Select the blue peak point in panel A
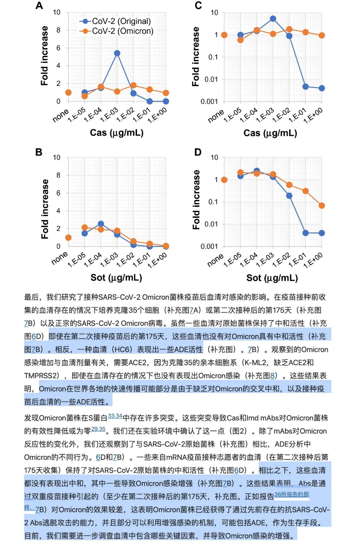click(x=117, y=53)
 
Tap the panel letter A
click(x=39, y=6)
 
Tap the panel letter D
click(x=198, y=152)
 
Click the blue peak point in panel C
click(x=273, y=19)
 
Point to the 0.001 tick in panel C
click(x=209, y=101)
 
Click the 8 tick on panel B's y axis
click(x=58, y=175)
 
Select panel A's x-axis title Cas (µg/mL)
click(x=117, y=133)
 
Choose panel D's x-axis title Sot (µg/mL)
click(x=272, y=278)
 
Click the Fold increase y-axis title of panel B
click(x=45, y=209)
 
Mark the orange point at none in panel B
click(x=68, y=237)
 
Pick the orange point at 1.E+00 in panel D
click(x=322, y=206)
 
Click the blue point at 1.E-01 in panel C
click(x=305, y=87)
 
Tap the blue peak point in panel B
click(x=101, y=224)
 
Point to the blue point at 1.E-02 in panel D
click(x=289, y=196)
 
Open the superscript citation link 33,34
click(x=115, y=416)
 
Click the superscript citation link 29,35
click(x=98, y=429)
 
